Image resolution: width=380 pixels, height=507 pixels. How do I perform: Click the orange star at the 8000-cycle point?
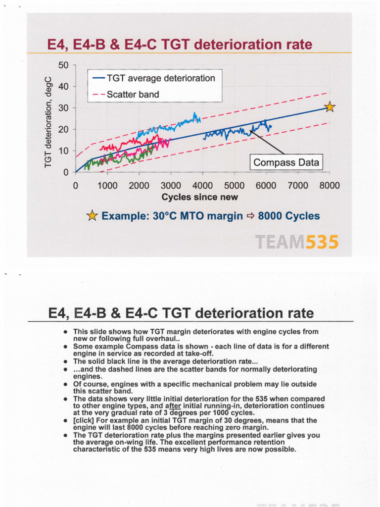coord(330,107)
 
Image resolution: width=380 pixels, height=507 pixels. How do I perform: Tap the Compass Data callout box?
coord(286,162)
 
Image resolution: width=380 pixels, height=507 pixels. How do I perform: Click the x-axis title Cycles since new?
coord(200,197)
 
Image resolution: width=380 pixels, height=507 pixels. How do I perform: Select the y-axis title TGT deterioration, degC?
coord(48,119)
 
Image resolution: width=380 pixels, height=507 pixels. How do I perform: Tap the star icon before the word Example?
coord(92,216)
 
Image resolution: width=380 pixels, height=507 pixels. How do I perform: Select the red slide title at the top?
coord(180,45)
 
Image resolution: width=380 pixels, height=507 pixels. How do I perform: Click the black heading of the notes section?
coord(181,313)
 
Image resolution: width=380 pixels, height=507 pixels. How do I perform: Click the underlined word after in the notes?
coord(172,406)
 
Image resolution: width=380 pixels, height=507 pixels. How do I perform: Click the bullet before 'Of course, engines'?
coord(65,384)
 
